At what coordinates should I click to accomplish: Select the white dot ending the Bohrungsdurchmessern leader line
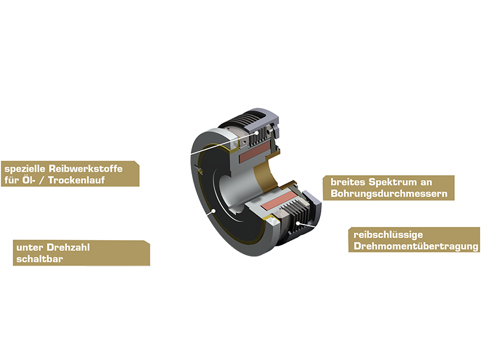pyautogui.click(x=272, y=172)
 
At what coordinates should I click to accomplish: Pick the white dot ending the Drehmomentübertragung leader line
pyautogui.click(x=299, y=224)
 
